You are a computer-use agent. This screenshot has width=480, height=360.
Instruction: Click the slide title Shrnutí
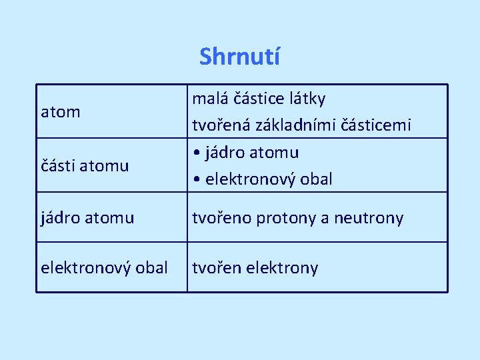tap(239, 57)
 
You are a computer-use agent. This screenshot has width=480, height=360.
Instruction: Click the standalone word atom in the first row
tap(61, 112)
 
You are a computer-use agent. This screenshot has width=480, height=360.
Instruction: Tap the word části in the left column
tap(57, 165)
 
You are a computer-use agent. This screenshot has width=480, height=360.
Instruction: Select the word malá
tap(207, 99)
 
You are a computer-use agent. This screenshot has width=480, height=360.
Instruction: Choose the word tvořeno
tap(218, 217)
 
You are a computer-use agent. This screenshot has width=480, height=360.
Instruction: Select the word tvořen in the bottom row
tap(215, 268)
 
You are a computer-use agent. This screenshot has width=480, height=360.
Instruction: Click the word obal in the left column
tap(151, 268)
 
